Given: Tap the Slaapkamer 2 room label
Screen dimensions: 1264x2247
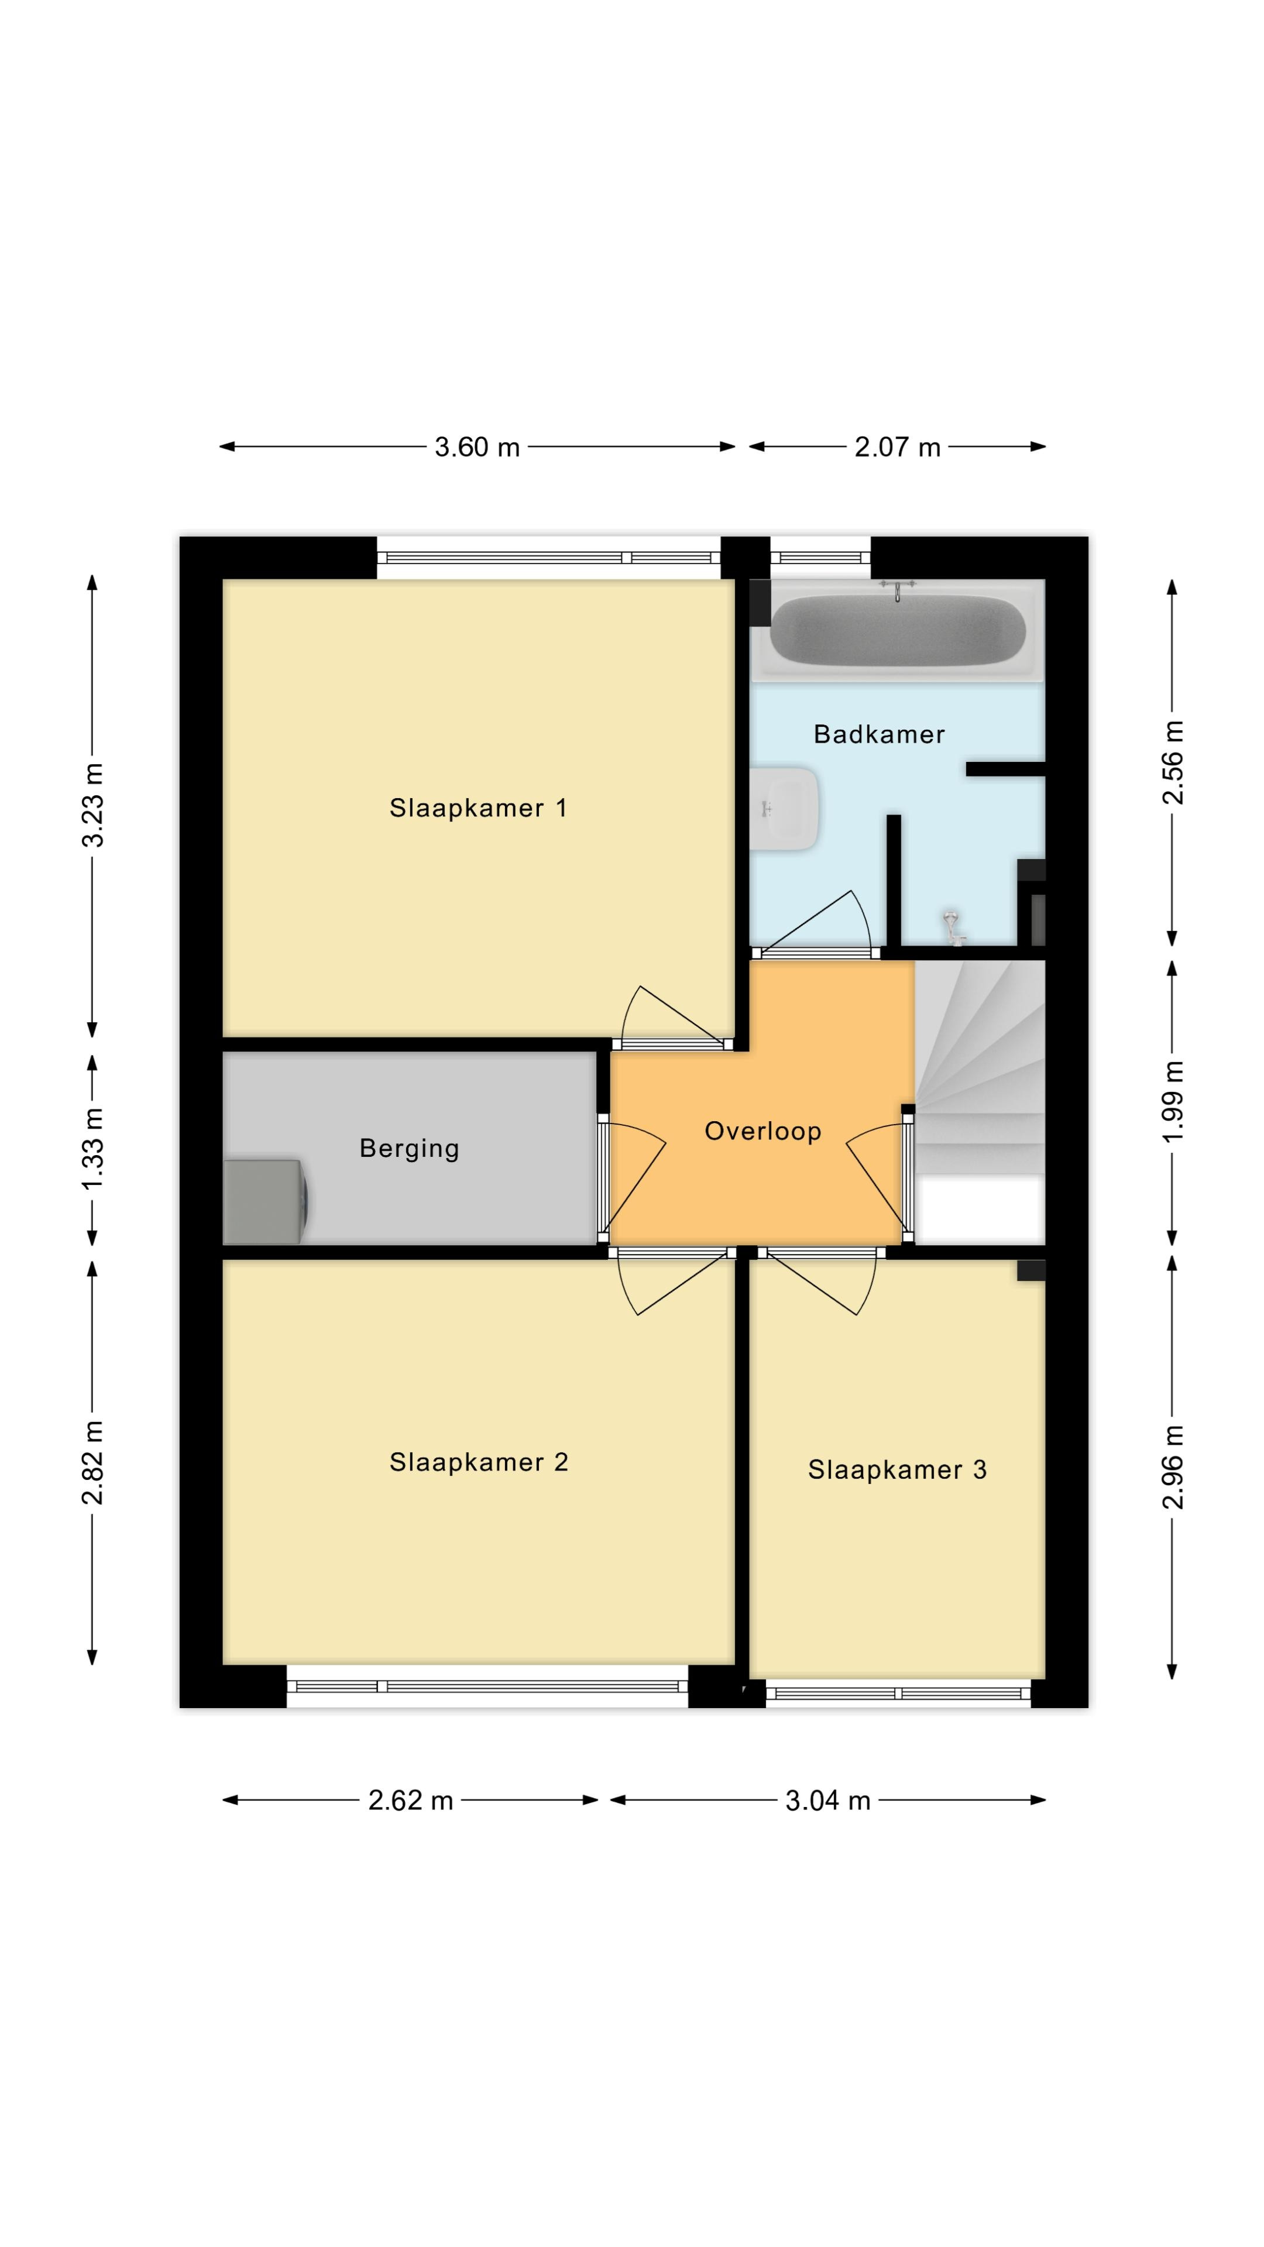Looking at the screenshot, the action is [x=479, y=1462].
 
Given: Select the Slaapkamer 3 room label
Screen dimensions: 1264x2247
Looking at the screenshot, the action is [x=897, y=1470].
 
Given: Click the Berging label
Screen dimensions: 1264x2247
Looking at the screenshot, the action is [x=409, y=1149].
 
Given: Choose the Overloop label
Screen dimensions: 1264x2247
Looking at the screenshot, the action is [x=763, y=1131].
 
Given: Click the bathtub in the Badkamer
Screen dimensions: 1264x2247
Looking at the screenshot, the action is [x=898, y=630].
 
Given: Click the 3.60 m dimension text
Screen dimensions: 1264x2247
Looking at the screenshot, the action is [x=477, y=448].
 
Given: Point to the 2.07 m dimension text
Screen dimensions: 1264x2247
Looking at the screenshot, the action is [x=897, y=448].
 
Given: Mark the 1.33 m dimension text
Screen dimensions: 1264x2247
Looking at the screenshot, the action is [x=92, y=1149].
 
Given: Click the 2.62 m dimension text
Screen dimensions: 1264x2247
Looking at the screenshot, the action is [x=410, y=1801].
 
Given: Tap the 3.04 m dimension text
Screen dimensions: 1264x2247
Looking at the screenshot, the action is [x=828, y=1801].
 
